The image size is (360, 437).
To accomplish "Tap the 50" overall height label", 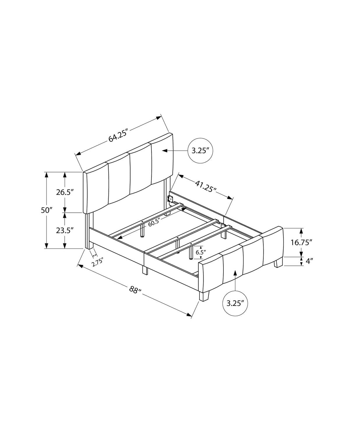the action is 46,210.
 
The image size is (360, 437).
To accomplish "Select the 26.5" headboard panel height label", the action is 65,192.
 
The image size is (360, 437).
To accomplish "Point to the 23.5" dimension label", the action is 65,230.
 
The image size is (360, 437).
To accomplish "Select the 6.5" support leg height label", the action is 201,252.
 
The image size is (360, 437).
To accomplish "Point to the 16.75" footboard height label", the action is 301,242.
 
